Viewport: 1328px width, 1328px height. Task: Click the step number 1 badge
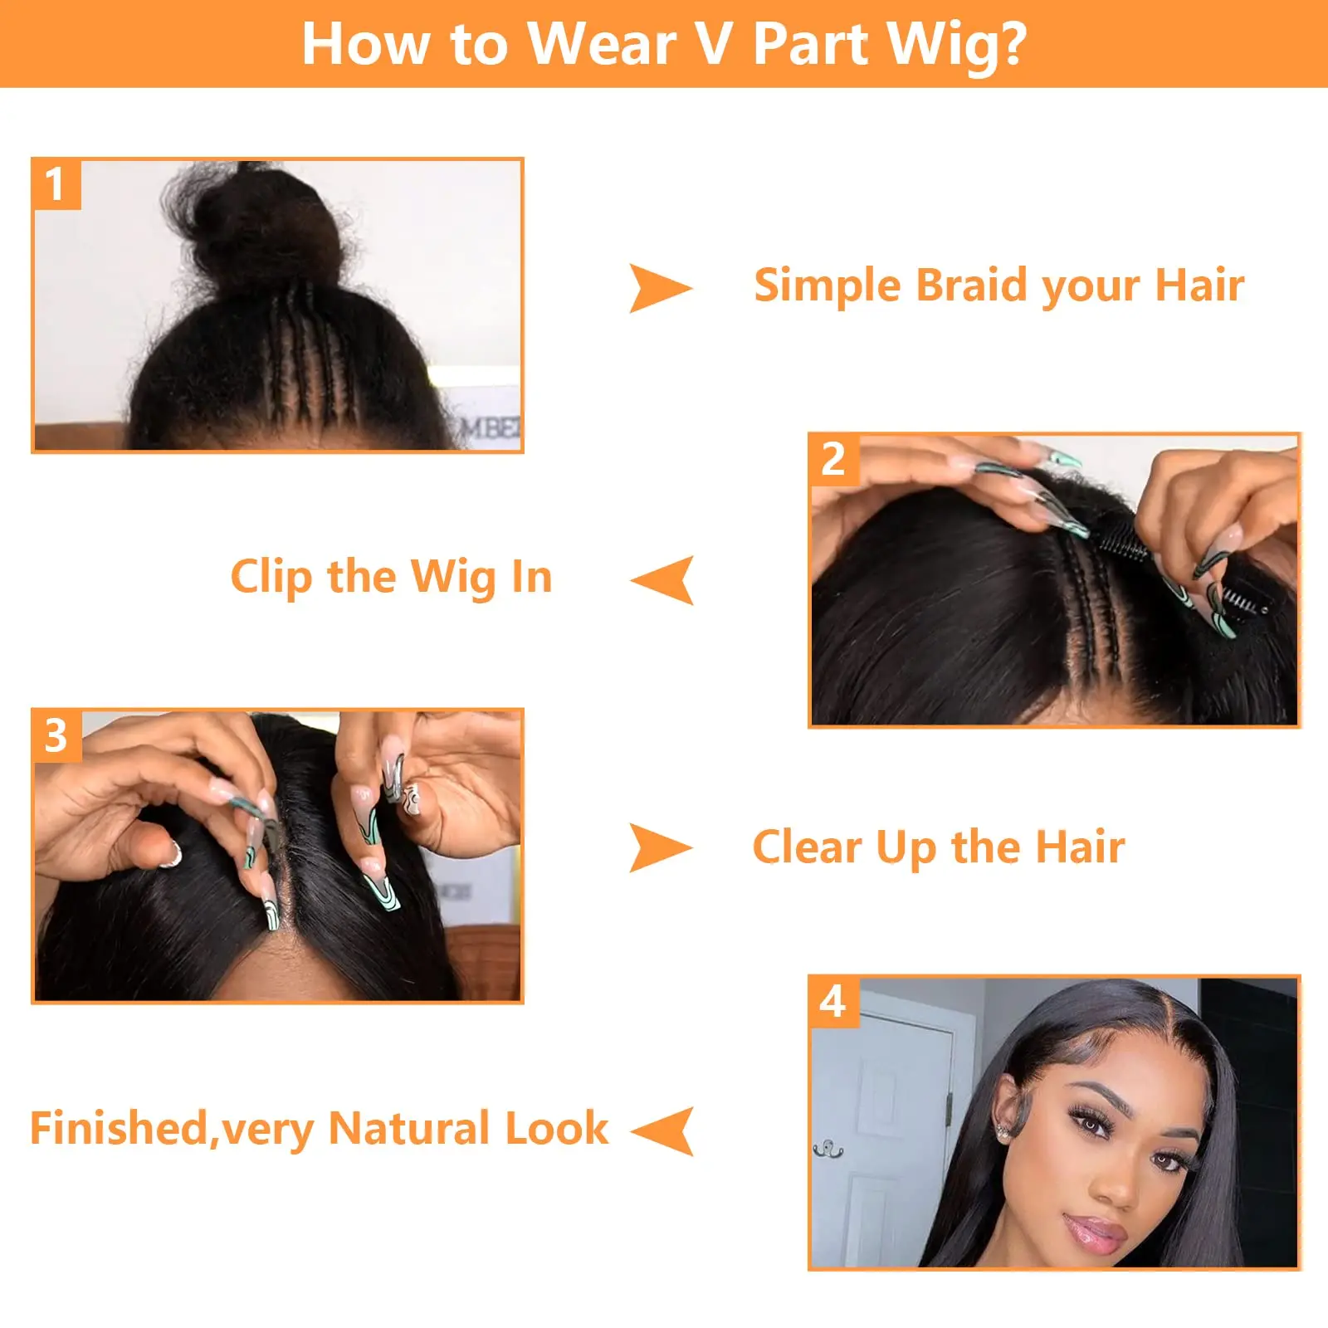coord(56,184)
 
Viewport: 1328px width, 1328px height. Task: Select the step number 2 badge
coord(833,459)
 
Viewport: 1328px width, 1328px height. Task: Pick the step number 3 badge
coord(56,735)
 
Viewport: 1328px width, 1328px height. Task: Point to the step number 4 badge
coord(833,1002)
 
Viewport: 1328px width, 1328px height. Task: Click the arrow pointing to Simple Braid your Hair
coord(659,288)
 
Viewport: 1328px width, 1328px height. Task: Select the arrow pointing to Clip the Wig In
coord(664,579)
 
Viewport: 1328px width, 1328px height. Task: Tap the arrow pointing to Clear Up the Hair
coord(659,847)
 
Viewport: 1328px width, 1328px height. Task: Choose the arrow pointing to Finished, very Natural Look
coord(664,1130)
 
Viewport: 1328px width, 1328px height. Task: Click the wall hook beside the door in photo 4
coord(828,1150)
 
